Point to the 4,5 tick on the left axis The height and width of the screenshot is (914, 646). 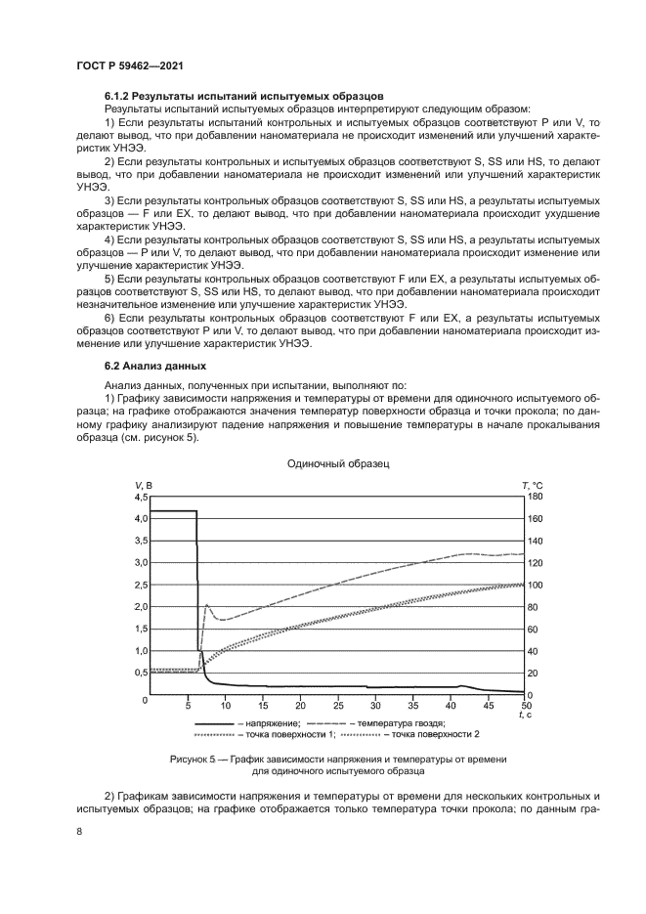pyautogui.click(x=139, y=497)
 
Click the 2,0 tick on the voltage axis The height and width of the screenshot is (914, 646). pyautogui.click(x=139, y=607)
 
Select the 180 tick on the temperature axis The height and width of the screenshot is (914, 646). pyautogui.click(x=536, y=497)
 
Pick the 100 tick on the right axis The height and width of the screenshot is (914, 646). pyautogui.click(x=536, y=585)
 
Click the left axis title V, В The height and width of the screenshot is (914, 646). pyautogui.click(x=143, y=485)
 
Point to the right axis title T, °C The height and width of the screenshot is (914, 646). pyautogui.click(x=532, y=485)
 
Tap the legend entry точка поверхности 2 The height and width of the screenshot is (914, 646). pyautogui.click(x=435, y=734)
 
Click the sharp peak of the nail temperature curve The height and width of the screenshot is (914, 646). pyautogui.click(x=206, y=605)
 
